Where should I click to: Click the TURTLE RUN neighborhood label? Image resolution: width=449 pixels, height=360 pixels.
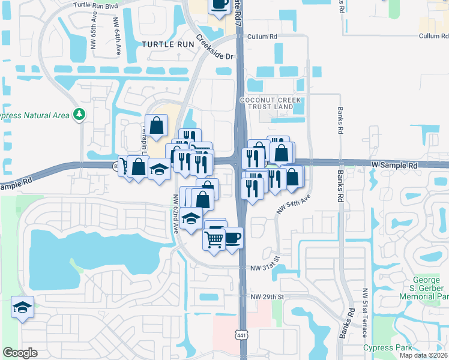click(168, 44)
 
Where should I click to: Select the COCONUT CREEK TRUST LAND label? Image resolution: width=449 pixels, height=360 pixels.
click(267, 103)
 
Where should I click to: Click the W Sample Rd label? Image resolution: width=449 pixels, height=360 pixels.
click(394, 164)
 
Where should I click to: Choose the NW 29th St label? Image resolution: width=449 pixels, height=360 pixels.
click(267, 297)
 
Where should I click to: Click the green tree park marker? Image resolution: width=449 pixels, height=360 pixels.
click(79, 114)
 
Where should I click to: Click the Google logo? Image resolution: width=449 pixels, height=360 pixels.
click(20, 353)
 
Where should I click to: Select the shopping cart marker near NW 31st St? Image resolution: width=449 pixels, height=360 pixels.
click(214, 239)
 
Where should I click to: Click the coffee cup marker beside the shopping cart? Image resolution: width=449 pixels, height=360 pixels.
click(233, 238)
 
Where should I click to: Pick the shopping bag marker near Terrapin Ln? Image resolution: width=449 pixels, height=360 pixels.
click(156, 125)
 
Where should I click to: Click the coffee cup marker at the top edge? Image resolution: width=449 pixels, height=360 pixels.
click(219, 4)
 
